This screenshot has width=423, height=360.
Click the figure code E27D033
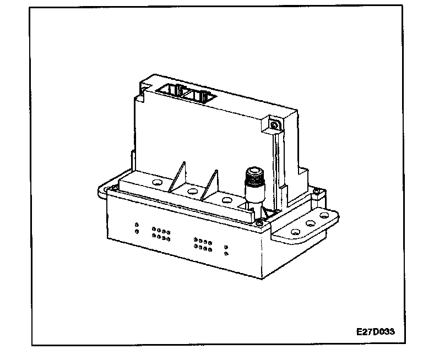tap(377, 332)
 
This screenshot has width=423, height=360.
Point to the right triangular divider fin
tap(211, 184)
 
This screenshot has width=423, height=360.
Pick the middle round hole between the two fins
tap(192, 190)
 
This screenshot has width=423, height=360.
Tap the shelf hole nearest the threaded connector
tap(226, 200)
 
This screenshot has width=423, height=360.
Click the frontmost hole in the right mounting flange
tap(295, 231)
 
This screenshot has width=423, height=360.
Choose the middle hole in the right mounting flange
tap(310, 223)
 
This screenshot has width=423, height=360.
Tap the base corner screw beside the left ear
tap(112, 190)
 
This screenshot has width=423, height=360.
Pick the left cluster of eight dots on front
tap(161, 235)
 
